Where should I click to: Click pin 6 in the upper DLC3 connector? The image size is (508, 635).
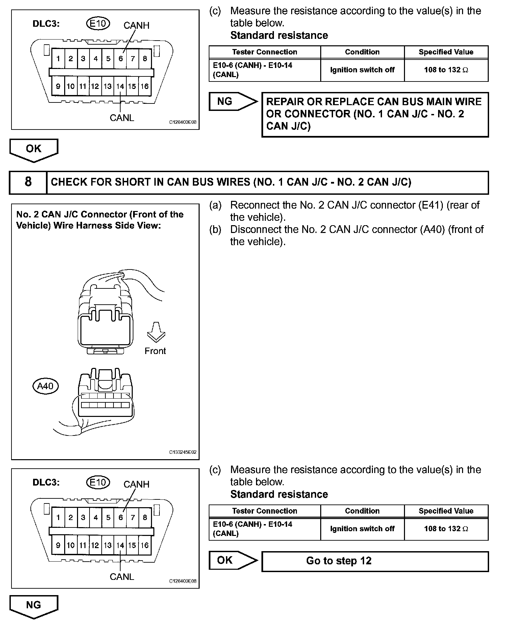point(121,59)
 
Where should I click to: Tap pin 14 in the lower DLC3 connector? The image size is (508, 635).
point(120,545)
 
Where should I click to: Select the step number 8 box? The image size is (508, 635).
point(28,182)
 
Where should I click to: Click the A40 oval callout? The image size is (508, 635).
point(45,386)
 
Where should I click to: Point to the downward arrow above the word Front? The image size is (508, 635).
point(156,332)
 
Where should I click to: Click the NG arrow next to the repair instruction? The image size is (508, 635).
point(233,101)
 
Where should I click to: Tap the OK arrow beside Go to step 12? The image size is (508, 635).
point(233,560)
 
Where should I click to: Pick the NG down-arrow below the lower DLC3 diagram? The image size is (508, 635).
point(34,606)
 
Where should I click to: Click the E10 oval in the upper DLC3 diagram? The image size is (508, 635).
point(98,24)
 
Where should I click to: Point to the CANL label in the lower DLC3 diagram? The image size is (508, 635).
point(122,577)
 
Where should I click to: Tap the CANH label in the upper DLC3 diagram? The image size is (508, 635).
point(136,25)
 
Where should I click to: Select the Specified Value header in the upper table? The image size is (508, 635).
point(446,52)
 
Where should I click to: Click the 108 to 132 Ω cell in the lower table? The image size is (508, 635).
point(446,529)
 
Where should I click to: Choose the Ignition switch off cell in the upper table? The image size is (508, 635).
point(362,70)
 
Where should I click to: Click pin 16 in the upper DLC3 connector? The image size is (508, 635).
point(145,86)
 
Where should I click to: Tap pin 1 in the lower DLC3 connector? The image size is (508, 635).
point(58,518)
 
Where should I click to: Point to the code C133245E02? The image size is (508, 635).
point(183,452)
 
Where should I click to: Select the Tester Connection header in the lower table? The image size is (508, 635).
point(264,511)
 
